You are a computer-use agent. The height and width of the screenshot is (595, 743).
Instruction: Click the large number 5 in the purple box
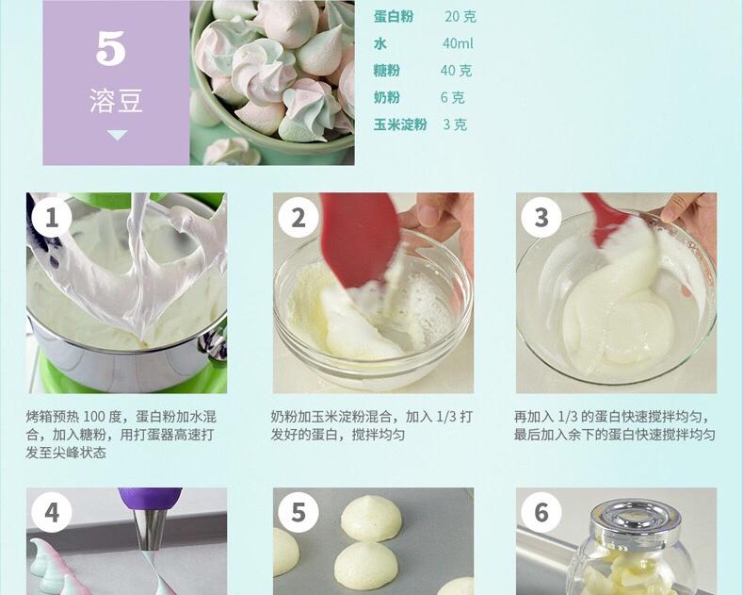111,48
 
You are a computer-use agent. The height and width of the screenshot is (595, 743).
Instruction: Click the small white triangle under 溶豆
117,136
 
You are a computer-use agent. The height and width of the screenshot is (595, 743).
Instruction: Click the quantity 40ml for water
458,43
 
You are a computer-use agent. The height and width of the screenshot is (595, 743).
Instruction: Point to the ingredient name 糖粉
387,71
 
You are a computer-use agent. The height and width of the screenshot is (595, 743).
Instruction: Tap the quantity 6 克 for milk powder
452,97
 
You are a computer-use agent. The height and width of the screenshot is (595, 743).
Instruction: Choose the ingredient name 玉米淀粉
400,124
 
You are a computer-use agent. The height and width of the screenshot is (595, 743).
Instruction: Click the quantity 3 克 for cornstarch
455,124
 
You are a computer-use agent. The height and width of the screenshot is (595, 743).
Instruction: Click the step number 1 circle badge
52,218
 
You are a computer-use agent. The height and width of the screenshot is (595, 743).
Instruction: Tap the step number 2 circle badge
299,218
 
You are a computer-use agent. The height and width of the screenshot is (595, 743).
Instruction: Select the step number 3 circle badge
541,218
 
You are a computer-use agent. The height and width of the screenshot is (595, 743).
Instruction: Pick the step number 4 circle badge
52,512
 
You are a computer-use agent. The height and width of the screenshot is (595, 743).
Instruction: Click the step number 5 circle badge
299,512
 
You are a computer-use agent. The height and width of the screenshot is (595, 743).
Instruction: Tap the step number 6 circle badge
541,512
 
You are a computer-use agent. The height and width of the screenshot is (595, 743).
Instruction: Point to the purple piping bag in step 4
150,497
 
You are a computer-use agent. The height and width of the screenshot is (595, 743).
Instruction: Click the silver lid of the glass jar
636,515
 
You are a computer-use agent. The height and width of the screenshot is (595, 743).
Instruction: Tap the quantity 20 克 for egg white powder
460,16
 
